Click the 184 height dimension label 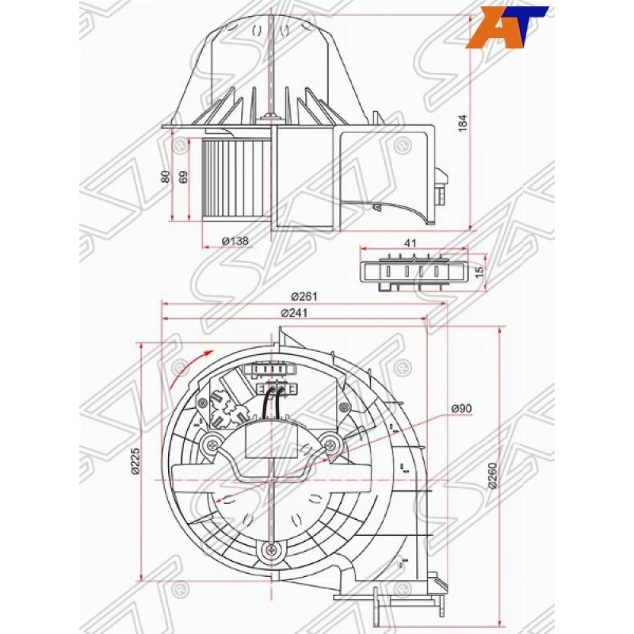[x=464, y=123]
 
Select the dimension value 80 [x=166, y=178]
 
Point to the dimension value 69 [x=184, y=178]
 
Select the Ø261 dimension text [x=304, y=296]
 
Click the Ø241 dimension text [x=293, y=312]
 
